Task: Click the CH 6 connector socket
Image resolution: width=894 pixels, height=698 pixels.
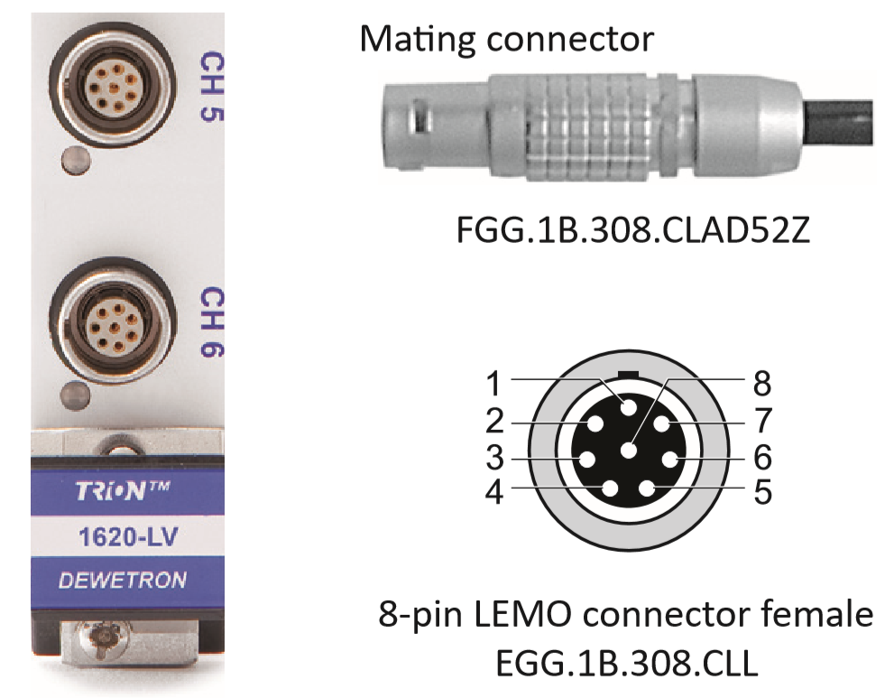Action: [111, 321]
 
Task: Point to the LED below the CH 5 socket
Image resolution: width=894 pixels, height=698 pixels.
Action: [75, 162]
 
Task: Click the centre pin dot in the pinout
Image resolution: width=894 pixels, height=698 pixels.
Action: [629, 450]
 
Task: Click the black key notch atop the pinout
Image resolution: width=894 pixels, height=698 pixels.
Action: [628, 373]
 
